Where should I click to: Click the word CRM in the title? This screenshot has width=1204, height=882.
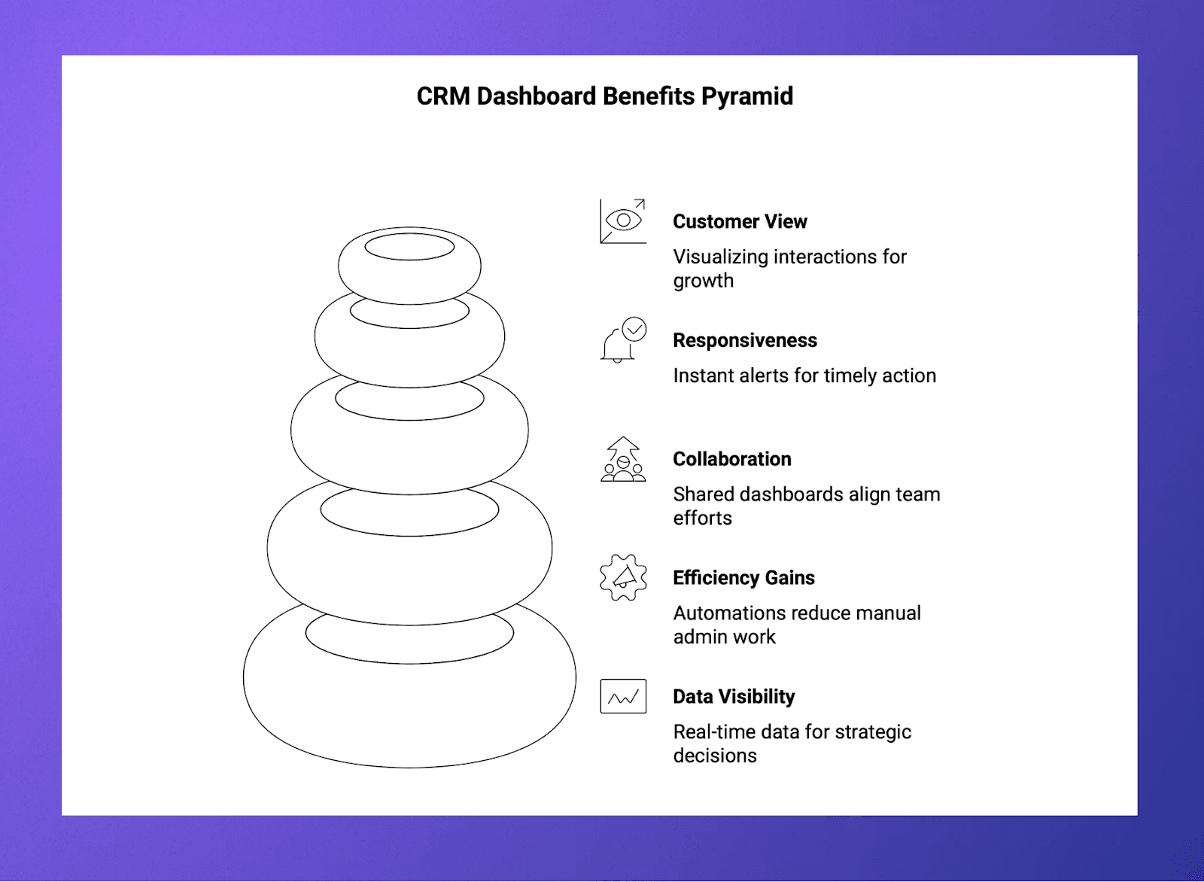click(x=443, y=96)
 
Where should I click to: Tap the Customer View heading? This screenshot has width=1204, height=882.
click(x=740, y=221)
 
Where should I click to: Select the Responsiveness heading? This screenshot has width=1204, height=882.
click(x=745, y=340)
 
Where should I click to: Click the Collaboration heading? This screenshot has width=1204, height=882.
click(x=732, y=459)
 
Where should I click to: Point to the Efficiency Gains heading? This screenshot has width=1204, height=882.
click(x=743, y=578)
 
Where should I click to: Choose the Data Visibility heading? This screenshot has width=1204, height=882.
click(x=734, y=697)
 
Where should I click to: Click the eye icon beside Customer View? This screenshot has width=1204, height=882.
click(x=623, y=220)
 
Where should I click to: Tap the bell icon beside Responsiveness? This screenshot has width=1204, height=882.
click(x=616, y=347)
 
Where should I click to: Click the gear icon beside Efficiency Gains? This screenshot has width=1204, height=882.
click(x=623, y=578)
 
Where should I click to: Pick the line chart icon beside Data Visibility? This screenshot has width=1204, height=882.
click(x=623, y=696)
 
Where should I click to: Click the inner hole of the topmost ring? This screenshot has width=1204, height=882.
click(x=409, y=246)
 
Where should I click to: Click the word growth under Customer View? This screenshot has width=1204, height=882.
click(x=703, y=281)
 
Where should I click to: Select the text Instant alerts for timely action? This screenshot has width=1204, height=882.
click(x=804, y=376)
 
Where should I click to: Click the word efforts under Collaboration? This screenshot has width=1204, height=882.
click(x=702, y=519)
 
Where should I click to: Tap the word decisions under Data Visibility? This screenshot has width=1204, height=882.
click(x=715, y=756)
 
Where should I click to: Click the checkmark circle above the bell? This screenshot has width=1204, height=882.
click(x=634, y=329)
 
